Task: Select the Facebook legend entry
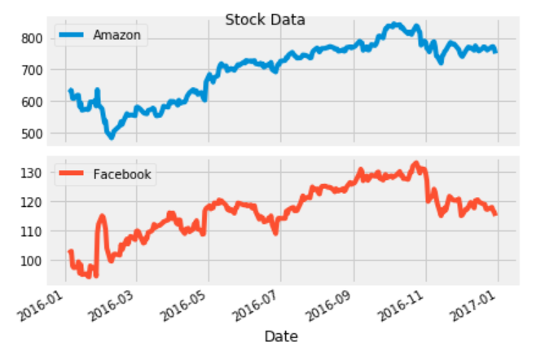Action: point(121,173)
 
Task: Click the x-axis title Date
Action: point(280,336)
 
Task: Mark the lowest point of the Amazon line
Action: point(111,137)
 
